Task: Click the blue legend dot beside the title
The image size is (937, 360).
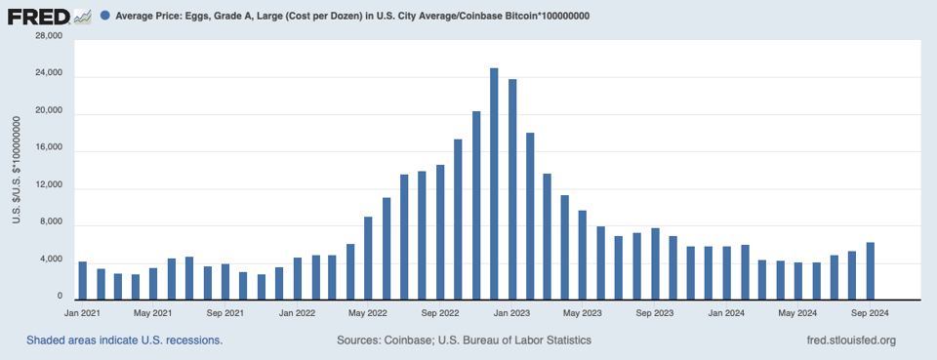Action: pyautogui.click(x=105, y=17)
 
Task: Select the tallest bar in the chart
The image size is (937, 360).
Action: pyautogui.click(x=494, y=182)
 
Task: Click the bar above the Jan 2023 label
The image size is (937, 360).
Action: pyautogui.click(x=511, y=188)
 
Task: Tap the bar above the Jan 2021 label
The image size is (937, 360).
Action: pyautogui.click(x=82, y=280)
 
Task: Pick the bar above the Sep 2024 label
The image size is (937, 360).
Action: pyautogui.click(x=870, y=270)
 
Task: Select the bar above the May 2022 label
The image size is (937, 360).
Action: pyautogui.click(x=369, y=258)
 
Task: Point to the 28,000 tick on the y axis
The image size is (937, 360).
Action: pyautogui.click(x=49, y=36)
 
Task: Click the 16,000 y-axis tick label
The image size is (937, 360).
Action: pyautogui.click(x=49, y=147)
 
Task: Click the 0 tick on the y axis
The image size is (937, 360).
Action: pyautogui.click(x=60, y=297)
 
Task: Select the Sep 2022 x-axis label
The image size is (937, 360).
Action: pyautogui.click(x=441, y=313)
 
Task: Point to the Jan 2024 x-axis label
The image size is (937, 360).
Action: pyautogui.click(x=727, y=313)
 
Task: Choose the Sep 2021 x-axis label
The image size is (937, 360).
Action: pyautogui.click(x=225, y=313)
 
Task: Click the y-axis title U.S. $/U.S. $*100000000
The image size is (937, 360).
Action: pyautogui.click(x=17, y=168)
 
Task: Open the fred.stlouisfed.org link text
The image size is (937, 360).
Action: pyautogui.click(x=845, y=340)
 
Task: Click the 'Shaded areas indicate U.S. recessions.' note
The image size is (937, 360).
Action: pyautogui.click(x=125, y=340)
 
